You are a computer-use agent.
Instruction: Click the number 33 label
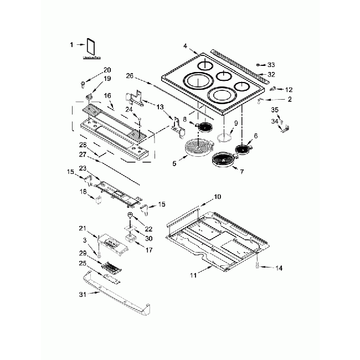(x=271, y=64)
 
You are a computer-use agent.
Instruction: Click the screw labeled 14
(x=258, y=267)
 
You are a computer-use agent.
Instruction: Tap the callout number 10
(x=217, y=197)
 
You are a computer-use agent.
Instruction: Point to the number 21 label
(x=82, y=228)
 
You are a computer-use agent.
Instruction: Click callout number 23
(x=83, y=168)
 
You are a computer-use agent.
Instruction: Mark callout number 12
(x=289, y=89)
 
